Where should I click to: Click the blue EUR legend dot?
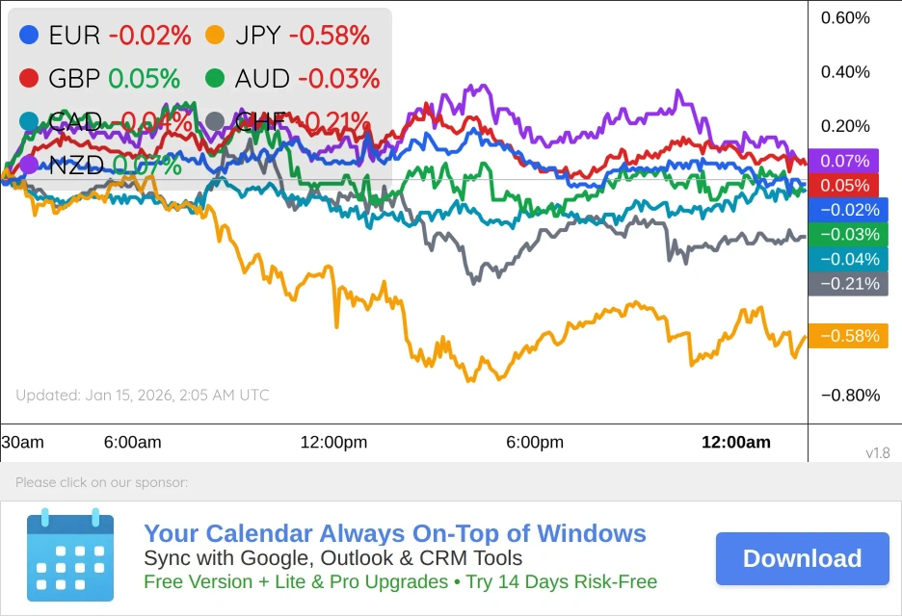tap(29, 36)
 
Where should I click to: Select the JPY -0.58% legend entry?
tap(288, 36)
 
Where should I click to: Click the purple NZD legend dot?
tap(29, 165)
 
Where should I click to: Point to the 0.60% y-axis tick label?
tap(845, 18)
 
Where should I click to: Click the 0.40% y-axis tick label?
tap(845, 72)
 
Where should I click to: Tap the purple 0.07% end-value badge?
tap(844, 161)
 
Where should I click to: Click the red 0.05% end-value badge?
tap(844, 186)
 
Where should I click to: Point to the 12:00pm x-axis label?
tap(334, 443)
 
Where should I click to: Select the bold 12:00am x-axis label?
tap(735, 443)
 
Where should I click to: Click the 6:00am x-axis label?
tap(133, 443)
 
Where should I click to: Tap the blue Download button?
tap(802, 558)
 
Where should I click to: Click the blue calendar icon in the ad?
tap(70, 557)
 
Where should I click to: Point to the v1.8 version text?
tap(878, 453)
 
